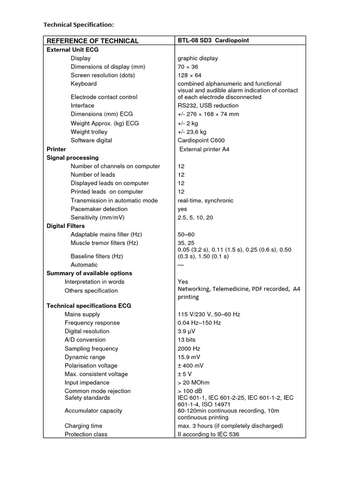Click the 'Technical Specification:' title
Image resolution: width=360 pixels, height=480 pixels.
[x=79, y=24]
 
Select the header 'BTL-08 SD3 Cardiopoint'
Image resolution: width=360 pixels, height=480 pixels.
[x=213, y=40]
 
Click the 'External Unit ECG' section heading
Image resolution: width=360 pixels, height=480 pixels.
[x=73, y=49]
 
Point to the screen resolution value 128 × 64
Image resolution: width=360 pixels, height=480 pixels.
[x=189, y=75]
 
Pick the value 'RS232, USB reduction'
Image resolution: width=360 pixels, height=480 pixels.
[x=208, y=105]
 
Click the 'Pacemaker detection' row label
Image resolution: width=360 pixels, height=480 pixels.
[x=99, y=209]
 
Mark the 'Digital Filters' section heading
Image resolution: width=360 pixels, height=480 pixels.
[x=66, y=226]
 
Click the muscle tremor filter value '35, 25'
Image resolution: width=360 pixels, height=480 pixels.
[x=186, y=243]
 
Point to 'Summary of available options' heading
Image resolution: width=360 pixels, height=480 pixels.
[x=89, y=273]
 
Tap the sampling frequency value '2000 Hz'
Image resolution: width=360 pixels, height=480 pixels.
[x=189, y=349]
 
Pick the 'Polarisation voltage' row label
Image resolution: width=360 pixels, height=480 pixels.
[x=91, y=366]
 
